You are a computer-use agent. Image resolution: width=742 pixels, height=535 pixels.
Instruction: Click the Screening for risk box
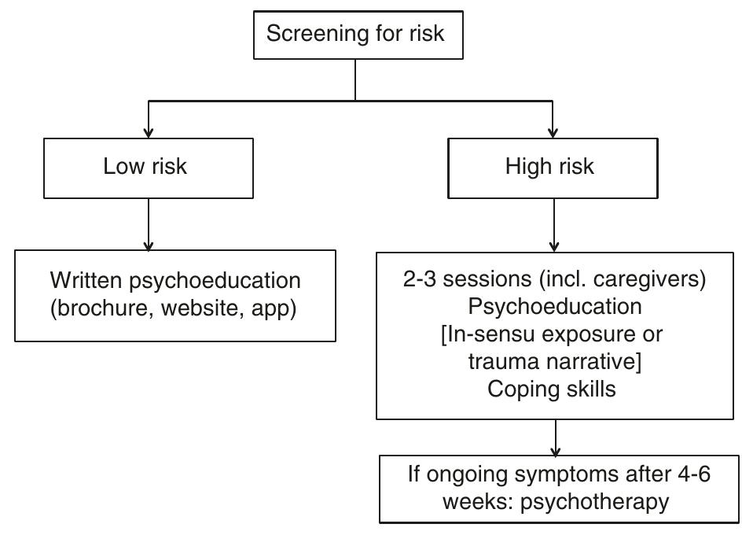pos(355,34)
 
